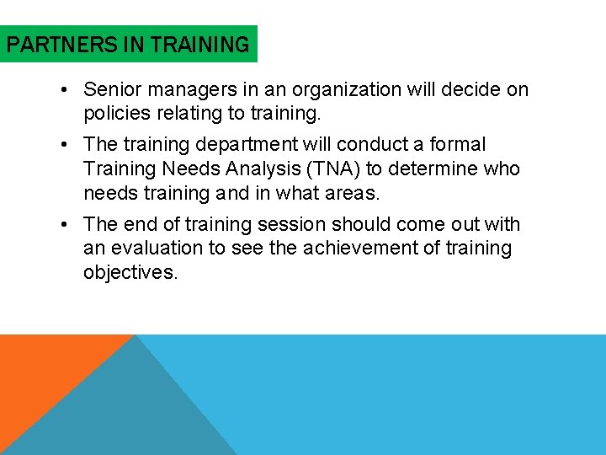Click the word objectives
coord(130,273)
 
